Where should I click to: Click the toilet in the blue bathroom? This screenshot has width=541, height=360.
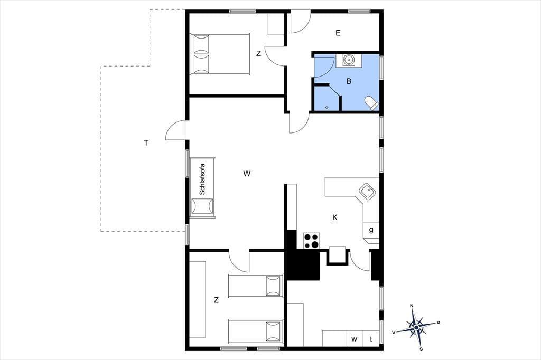(x=372, y=103)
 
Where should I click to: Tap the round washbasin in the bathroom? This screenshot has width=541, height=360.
(x=349, y=60)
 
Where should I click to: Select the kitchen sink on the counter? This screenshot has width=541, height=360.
(x=367, y=192)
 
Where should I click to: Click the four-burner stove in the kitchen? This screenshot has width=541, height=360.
(x=312, y=241)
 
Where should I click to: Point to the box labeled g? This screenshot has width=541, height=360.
(x=371, y=230)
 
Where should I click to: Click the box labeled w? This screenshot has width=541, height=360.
(x=355, y=338)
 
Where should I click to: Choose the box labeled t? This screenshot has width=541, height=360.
(x=371, y=338)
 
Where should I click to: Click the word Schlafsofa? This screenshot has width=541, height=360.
(x=202, y=179)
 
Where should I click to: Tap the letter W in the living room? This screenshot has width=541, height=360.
(x=247, y=174)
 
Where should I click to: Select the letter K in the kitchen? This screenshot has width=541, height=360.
(x=334, y=217)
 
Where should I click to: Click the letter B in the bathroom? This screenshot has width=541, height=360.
(x=349, y=81)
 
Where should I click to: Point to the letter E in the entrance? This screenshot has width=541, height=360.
(x=338, y=33)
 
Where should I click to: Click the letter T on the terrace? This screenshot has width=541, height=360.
(x=146, y=143)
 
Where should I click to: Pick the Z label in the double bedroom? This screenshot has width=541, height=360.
(x=258, y=53)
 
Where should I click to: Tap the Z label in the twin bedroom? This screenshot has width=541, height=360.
(x=216, y=300)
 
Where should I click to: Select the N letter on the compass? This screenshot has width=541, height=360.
(x=412, y=306)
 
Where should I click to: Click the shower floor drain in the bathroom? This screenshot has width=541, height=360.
(x=327, y=107)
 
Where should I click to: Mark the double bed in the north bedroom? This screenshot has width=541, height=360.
(x=220, y=54)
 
